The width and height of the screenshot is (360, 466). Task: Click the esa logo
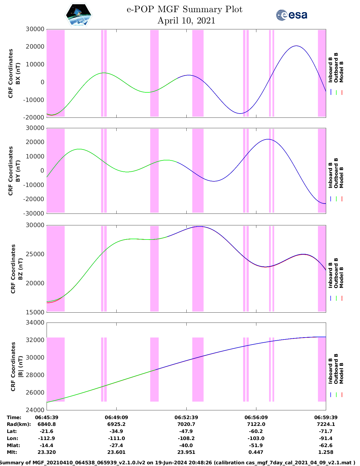pyautogui.click(x=291, y=15)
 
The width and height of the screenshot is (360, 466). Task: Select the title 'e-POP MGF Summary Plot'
pyautogui.click(x=184, y=9)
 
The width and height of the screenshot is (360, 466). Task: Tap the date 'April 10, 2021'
pyautogui.click(x=186, y=21)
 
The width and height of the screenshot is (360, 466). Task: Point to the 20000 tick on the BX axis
pyautogui.click(x=35, y=47)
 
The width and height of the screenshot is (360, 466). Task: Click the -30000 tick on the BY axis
pyautogui.click(x=35, y=213)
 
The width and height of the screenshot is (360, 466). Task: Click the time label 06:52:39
pyautogui.click(x=186, y=417)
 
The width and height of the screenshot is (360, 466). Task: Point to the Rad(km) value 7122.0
pyautogui.click(x=256, y=424)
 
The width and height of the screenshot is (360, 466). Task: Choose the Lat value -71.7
pyautogui.click(x=326, y=431)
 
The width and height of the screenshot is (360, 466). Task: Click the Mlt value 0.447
pyautogui.click(x=256, y=452)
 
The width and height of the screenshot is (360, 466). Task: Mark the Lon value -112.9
pyautogui.click(x=47, y=438)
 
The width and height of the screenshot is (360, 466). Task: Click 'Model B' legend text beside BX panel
pyautogui.click(x=341, y=72)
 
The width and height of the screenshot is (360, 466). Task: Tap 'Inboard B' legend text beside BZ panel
pyautogui.click(x=330, y=273)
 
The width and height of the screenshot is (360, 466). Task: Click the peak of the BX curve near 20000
pyautogui.click(x=296, y=46)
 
